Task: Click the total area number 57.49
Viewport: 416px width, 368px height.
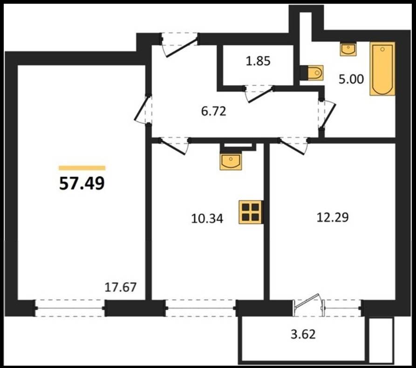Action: click(82, 183)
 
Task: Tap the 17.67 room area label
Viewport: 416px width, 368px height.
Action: click(121, 287)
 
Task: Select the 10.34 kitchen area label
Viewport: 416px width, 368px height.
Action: click(207, 219)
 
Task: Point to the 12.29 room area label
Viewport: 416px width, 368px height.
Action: click(333, 217)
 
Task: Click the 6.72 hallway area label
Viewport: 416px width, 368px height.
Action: click(213, 111)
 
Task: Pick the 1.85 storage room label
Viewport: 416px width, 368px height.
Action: click(258, 61)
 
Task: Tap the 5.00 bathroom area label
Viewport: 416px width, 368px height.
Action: click(351, 79)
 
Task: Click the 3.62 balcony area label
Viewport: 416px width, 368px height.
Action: click(303, 335)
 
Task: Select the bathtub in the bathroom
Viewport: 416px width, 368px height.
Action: click(382, 68)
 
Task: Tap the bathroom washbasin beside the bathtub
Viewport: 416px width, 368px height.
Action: click(348, 49)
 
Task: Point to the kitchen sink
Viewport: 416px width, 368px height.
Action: click(231, 161)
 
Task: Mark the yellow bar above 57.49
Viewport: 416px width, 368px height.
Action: click(82, 167)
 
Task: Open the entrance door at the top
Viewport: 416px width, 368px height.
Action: click(179, 44)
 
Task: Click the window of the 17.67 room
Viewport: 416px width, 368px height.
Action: click(70, 308)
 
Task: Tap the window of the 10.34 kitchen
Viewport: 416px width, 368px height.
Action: click(201, 308)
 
